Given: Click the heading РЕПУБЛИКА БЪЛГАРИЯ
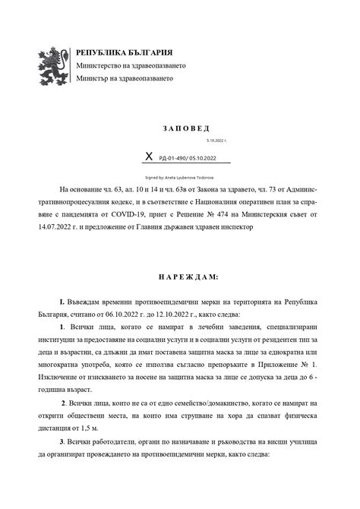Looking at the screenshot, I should pyautogui.click(x=125, y=52).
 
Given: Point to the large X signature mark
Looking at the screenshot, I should pyautogui.click(x=148, y=156).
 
